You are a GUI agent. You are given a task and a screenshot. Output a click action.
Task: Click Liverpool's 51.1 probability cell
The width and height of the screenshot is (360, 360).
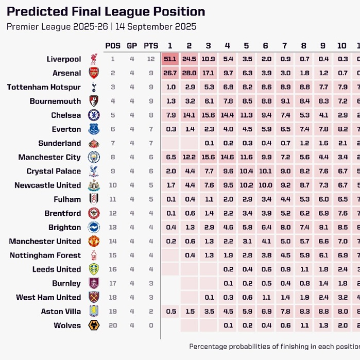pyautogui.click(x=170, y=59)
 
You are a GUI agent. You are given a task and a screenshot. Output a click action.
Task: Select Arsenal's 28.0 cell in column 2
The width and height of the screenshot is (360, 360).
pyautogui.click(x=189, y=73)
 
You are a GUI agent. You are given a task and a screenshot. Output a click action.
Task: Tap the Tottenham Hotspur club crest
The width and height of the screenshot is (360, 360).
pyautogui.click(x=94, y=87)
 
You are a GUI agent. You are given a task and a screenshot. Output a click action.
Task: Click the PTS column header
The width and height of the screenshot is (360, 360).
pyautogui.click(x=150, y=45)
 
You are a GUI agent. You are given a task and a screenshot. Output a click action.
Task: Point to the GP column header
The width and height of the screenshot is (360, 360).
pyautogui.click(x=132, y=45)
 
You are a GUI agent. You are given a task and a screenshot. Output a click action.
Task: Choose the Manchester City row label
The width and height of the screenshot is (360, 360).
pyautogui.click(x=49, y=157)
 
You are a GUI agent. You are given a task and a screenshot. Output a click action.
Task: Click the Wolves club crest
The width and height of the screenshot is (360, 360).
pyautogui.click(x=94, y=325)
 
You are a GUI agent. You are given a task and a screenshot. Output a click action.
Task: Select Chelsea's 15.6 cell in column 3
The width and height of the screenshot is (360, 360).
pyautogui.click(x=208, y=115)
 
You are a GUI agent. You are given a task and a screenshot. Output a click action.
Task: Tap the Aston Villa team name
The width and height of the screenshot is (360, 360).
pyautogui.click(x=61, y=311)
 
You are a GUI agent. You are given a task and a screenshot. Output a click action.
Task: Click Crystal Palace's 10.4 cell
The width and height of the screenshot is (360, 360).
pyautogui.click(x=246, y=171)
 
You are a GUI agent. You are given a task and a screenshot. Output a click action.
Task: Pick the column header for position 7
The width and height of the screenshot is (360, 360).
pyautogui.click(x=284, y=45)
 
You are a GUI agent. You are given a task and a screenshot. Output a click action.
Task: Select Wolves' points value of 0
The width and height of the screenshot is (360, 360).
pyautogui.click(x=150, y=325)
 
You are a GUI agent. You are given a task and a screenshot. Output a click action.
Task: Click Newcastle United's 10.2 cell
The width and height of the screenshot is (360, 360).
pyautogui.click(x=246, y=185)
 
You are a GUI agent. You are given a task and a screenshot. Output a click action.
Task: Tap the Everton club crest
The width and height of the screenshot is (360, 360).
pyautogui.click(x=94, y=129)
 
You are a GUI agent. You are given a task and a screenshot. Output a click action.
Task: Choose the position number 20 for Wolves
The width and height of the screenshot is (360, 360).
pyautogui.click(x=112, y=325)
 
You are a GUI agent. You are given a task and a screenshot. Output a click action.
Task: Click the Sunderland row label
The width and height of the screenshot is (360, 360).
pyautogui.click(x=59, y=143)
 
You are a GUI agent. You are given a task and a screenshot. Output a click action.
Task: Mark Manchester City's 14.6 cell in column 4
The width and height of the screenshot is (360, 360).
pyautogui.click(x=227, y=157)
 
